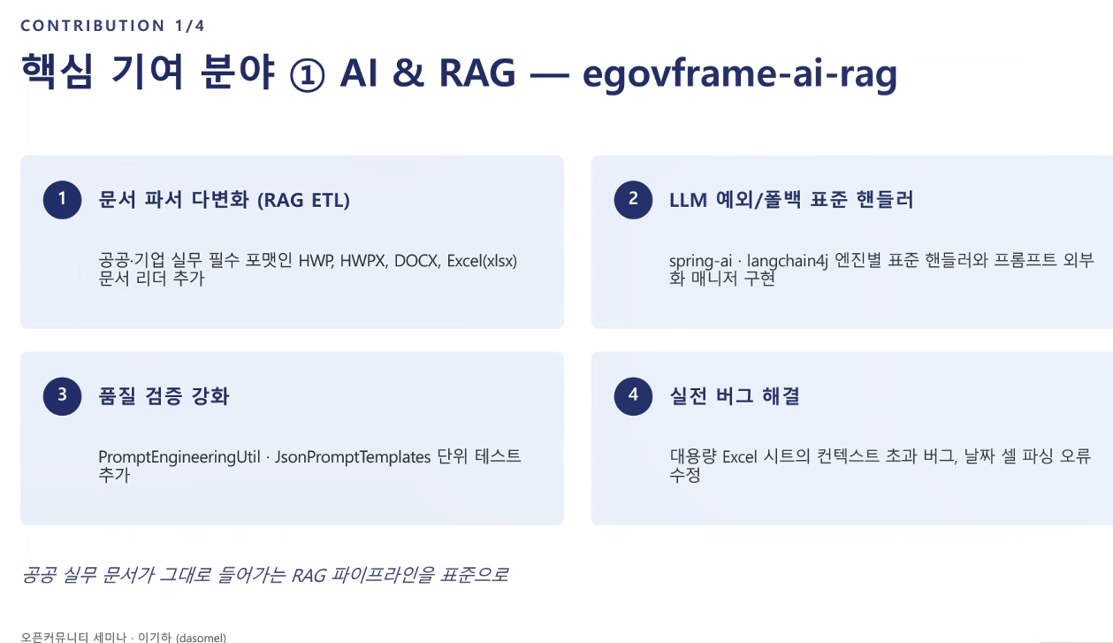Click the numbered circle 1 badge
tap(62, 199)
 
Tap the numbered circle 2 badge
tap(633, 199)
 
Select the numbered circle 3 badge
tap(62, 396)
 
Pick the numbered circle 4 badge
tap(633, 396)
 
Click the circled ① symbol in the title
tap(307, 74)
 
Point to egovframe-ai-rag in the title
tap(740, 74)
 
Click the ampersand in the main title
tap(408, 73)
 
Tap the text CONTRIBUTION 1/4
tap(112, 26)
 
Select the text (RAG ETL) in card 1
tap(303, 200)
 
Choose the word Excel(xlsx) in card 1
tap(482, 261)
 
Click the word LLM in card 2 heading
tap(688, 200)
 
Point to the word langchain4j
tap(787, 261)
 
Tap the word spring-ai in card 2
tap(700, 262)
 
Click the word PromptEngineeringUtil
tap(179, 457)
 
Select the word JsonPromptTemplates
tap(353, 457)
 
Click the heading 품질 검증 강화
tap(164, 396)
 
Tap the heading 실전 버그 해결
tap(735, 396)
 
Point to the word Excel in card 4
tap(739, 457)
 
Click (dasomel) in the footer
tap(201, 638)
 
